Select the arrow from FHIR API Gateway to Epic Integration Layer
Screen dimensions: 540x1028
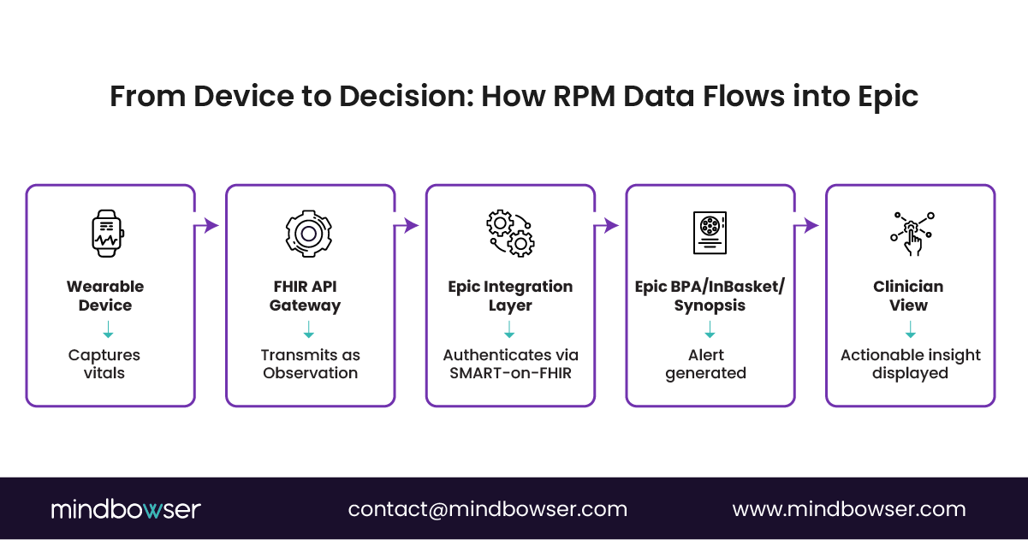[x=408, y=226]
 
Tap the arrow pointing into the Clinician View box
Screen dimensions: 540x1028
[x=809, y=226]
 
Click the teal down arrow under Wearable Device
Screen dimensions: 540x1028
[x=108, y=330]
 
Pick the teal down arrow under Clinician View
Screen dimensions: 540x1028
[x=911, y=330]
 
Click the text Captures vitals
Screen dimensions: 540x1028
[x=104, y=364]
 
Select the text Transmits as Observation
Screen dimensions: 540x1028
[x=310, y=364]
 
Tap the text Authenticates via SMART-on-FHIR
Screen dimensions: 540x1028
[x=510, y=364]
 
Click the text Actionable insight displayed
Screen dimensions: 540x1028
[x=911, y=364]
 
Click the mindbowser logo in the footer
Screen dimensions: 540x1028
[x=125, y=509]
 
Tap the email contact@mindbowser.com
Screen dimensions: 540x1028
[x=487, y=509]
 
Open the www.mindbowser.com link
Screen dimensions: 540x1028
[x=849, y=509]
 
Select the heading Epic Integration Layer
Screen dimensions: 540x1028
[x=510, y=296]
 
